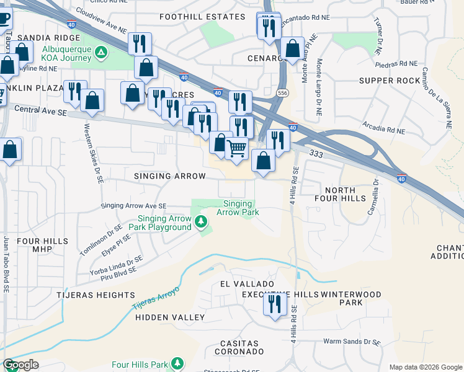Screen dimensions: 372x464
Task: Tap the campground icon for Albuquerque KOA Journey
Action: [100, 54]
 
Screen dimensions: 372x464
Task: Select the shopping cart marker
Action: [236, 149]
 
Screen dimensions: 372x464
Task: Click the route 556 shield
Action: [283, 92]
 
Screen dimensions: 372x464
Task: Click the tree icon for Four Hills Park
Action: [177, 363]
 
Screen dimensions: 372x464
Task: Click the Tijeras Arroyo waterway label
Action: [155, 299]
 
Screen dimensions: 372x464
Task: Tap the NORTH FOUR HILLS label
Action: [339, 195]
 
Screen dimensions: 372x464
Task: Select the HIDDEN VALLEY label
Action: [170, 317]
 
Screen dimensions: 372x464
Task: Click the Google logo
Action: [21, 365]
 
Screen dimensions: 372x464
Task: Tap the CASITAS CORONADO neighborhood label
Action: [240, 347]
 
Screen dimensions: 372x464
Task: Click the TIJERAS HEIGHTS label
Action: [96, 295]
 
